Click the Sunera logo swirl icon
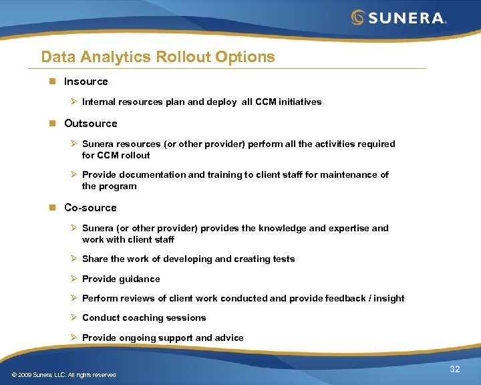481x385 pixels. click(x=359, y=17)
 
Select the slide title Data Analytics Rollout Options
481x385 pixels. click(x=158, y=57)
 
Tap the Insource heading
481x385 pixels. click(x=86, y=82)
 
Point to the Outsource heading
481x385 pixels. click(x=90, y=124)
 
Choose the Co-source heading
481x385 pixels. click(x=90, y=208)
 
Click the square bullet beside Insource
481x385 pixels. click(x=52, y=82)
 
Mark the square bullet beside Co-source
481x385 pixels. click(x=52, y=208)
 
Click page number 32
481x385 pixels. click(x=455, y=370)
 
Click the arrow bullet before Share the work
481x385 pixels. click(x=74, y=259)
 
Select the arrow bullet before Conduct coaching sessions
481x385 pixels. click(x=74, y=317)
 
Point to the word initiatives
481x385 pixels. click(x=299, y=102)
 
